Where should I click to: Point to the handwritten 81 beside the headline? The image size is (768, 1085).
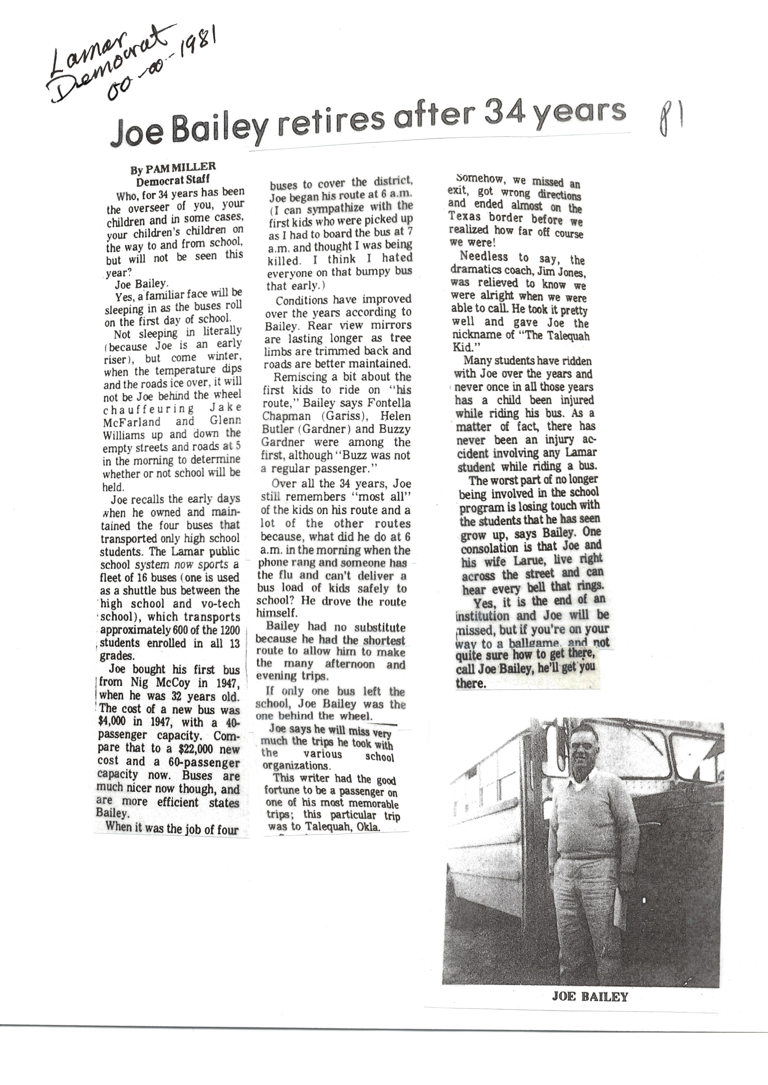pyautogui.click(x=669, y=120)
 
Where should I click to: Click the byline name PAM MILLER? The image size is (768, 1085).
pyautogui.click(x=180, y=167)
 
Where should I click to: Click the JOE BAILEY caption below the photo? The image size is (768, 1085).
pyautogui.click(x=590, y=996)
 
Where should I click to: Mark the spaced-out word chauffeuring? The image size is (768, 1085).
pyautogui.click(x=149, y=408)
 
